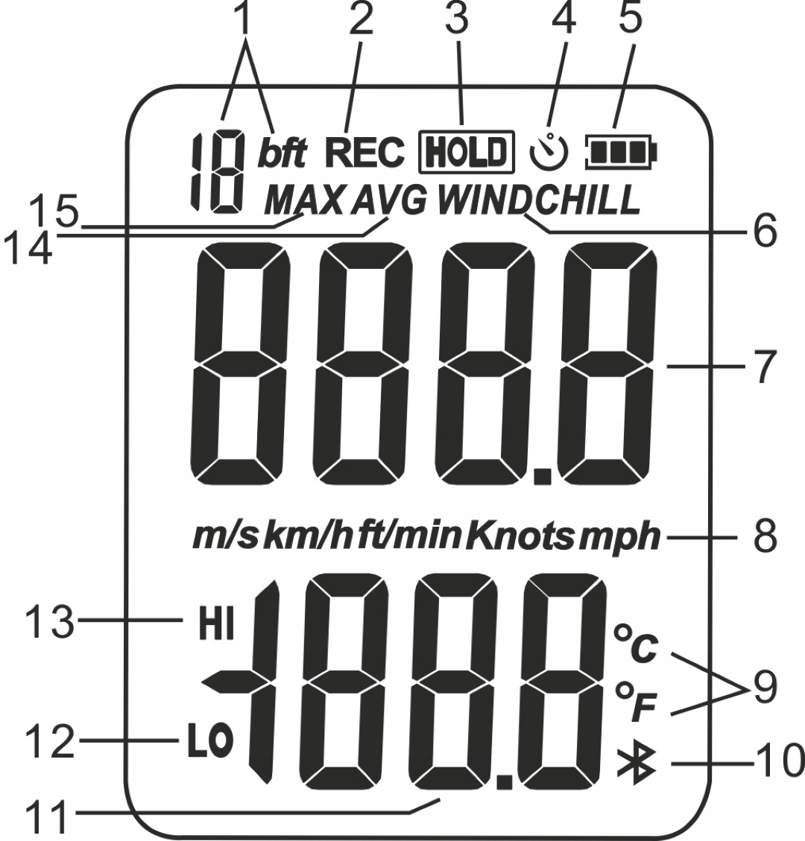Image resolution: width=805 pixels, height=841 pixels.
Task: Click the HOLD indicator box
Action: pos(467,151)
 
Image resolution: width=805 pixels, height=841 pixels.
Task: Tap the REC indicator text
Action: pos(364,153)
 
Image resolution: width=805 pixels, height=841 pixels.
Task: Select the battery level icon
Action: pos(622,150)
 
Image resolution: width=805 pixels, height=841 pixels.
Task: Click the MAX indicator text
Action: pos(305,199)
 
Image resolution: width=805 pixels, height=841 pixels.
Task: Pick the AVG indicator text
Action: pos(390,199)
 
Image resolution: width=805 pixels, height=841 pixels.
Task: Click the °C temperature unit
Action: pos(635,644)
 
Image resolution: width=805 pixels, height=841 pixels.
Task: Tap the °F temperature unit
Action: pos(634,704)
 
